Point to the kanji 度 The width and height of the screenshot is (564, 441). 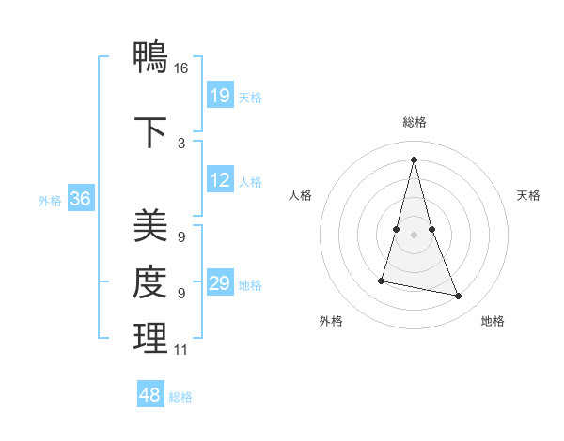[150, 283]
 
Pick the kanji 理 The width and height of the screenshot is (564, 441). [150, 340]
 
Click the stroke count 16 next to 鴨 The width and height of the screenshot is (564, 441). [181, 68]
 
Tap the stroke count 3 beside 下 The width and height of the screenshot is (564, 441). [181, 143]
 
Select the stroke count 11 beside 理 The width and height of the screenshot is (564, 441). [181, 350]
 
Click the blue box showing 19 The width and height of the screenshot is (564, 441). [219, 96]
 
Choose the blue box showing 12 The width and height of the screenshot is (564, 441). [219, 180]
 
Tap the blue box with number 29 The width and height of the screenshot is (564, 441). [219, 283]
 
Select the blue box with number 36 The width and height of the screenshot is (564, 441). [81, 199]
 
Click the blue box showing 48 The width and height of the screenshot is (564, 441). [150, 395]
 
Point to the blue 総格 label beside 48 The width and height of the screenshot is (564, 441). [180, 397]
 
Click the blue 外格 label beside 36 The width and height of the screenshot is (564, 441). [50, 200]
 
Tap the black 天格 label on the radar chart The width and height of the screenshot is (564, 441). [528, 195]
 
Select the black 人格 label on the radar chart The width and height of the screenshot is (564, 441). [300, 195]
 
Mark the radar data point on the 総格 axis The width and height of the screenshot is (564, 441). [414, 160]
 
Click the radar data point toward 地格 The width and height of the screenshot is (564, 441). [459, 297]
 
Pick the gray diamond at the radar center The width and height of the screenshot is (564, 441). [414, 234]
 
